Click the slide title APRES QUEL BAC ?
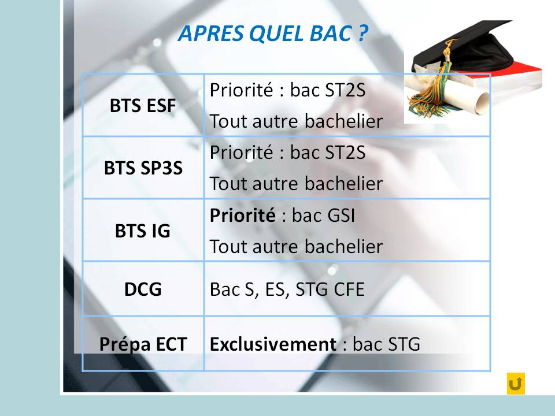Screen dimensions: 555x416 273,34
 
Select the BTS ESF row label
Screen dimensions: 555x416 143,105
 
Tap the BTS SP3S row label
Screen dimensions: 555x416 143,168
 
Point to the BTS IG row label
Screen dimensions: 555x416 143,231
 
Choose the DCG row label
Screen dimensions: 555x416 143,289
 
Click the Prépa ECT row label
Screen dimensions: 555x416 143,344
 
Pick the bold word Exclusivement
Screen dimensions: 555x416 273,344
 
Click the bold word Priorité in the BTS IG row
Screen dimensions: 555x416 242,215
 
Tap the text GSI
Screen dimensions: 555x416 340,216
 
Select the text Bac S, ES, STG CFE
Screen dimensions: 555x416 287,289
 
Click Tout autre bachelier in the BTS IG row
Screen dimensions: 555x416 296,246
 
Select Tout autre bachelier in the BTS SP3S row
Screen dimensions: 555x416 296,184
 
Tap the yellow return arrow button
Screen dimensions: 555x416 516,384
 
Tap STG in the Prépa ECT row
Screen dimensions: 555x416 404,344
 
